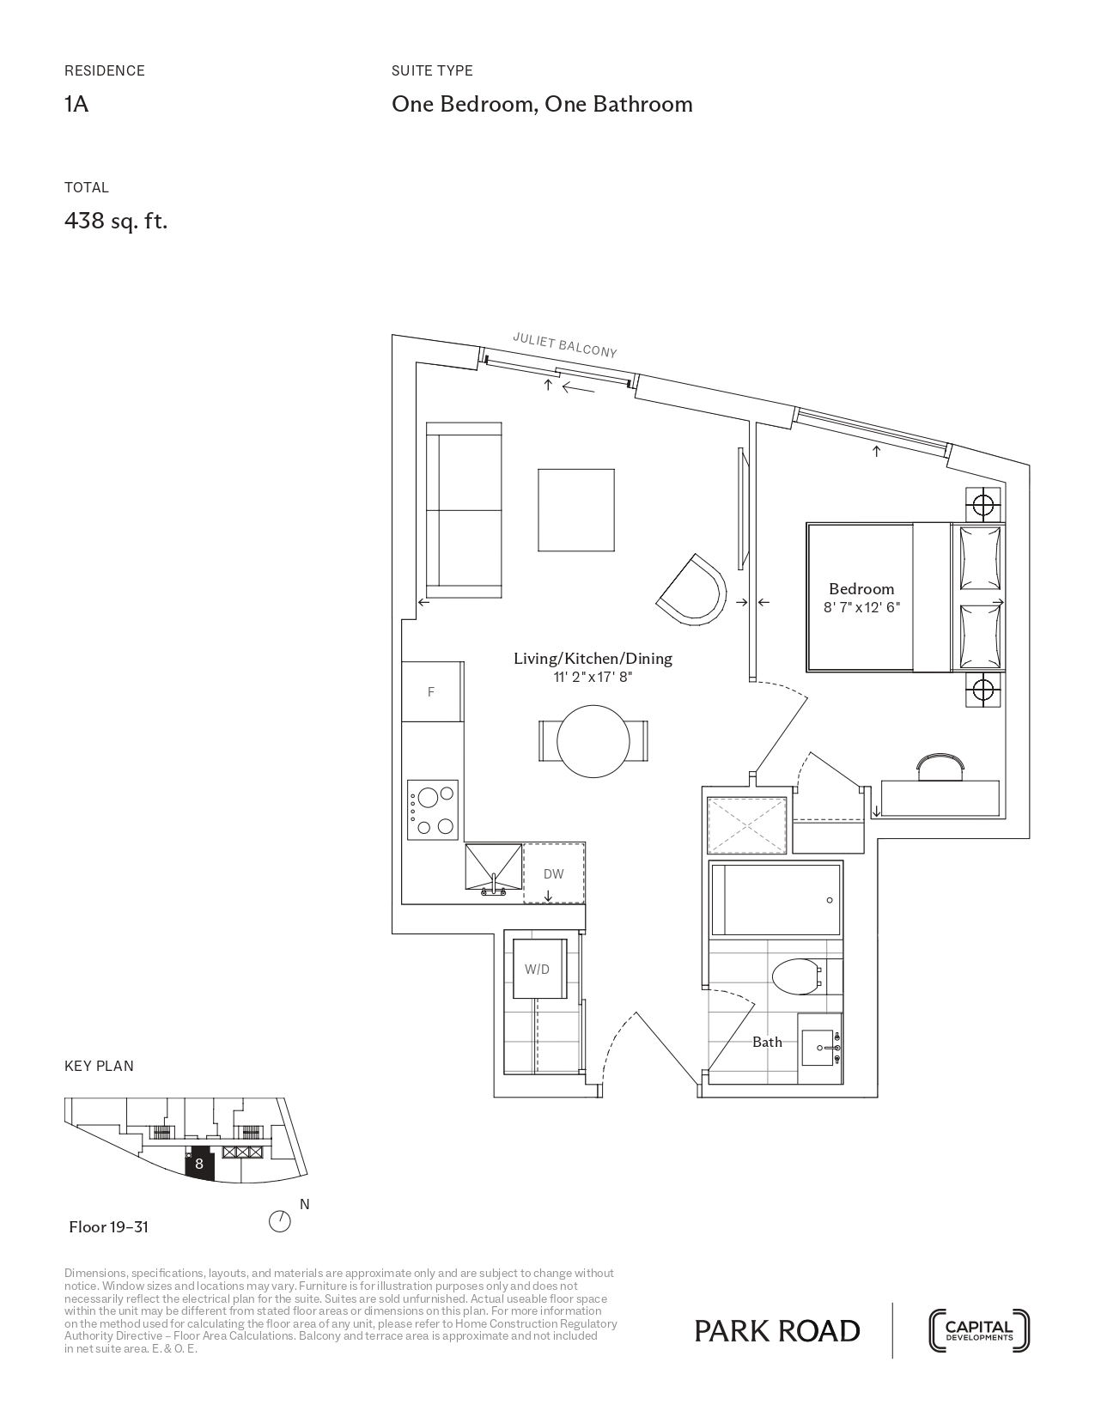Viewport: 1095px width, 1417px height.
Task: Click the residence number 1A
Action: point(76,104)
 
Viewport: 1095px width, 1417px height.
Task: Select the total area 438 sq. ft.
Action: point(116,221)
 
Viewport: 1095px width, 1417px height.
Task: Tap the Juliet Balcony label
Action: point(565,345)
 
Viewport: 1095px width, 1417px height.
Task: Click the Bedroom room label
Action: point(861,589)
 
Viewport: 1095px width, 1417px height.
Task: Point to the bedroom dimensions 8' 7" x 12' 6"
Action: point(861,607)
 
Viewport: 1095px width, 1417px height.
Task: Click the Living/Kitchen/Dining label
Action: point(593,658)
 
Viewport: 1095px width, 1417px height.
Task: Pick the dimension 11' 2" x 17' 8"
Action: point(593,677)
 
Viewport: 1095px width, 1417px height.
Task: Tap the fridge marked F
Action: point(432,692)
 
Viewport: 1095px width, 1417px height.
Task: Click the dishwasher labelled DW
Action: point(554,873)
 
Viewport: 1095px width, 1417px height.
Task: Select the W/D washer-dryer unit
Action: point(539,969)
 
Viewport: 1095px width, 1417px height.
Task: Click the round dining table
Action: point(593,741)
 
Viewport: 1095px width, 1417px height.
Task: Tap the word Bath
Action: point(767,1042)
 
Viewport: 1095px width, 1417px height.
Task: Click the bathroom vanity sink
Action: point(820,1047)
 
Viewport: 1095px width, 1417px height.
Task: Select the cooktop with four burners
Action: point(432,809)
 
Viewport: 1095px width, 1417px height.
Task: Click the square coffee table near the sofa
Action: point(576,510)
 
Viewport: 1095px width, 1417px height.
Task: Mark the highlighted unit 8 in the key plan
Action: point(199,1164)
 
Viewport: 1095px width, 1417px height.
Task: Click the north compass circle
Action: point(280,1221)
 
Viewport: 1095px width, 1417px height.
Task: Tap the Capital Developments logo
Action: point(979,1330)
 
